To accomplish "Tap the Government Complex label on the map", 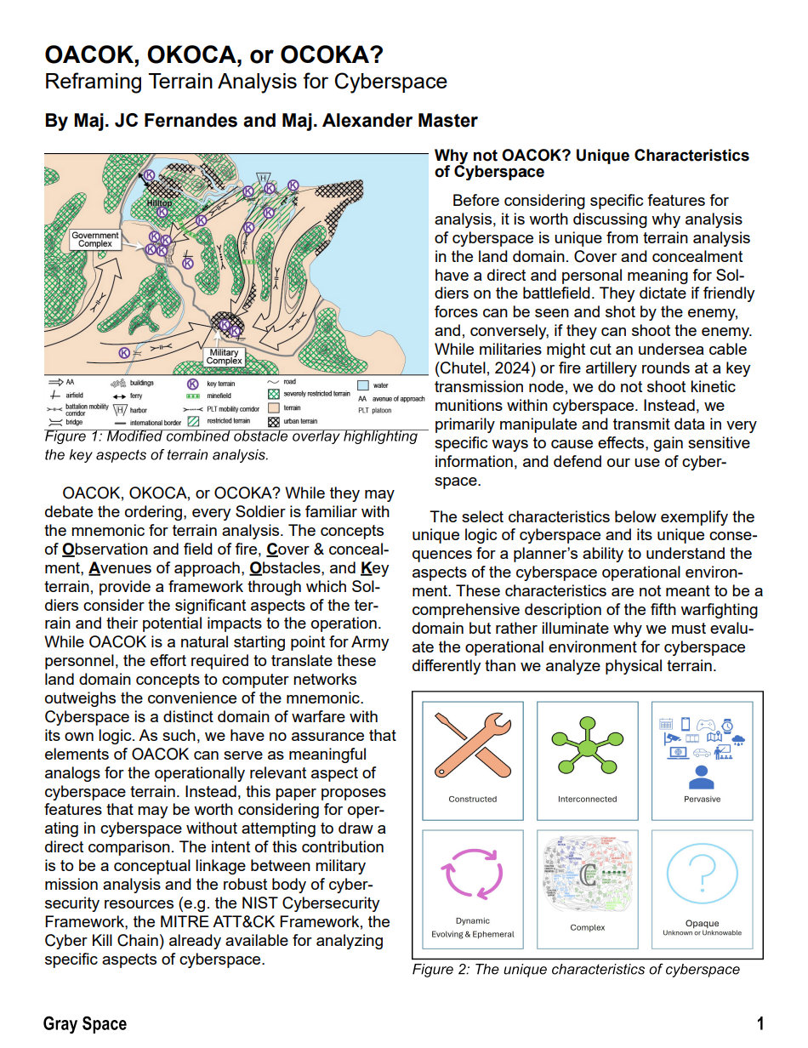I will (x=95, y=239).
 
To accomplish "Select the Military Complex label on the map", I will (x=224, y=356).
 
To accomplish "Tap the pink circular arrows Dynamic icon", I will (x=472, y=878).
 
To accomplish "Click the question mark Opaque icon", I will (x=702, y=875).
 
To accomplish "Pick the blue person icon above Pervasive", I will (x=702, y=775).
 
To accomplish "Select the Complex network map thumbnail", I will (x=587, y=876).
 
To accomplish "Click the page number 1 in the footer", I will (x=760, y=1024).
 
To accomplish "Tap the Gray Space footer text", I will (x=85, y=1024).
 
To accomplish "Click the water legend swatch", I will (x=363, y=385).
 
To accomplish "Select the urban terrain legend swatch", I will (x=273, y=421).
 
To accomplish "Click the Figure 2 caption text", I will (x=576, y=969).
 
